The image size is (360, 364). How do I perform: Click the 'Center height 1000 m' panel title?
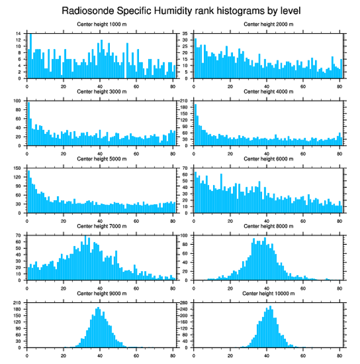coord(101,24)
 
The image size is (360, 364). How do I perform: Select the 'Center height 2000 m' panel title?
coord(268,24)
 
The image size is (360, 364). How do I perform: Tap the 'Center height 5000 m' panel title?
coord(101,159)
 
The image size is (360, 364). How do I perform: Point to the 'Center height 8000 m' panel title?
coord(268,226)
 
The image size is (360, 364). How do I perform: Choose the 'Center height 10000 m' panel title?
coord(268,293)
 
